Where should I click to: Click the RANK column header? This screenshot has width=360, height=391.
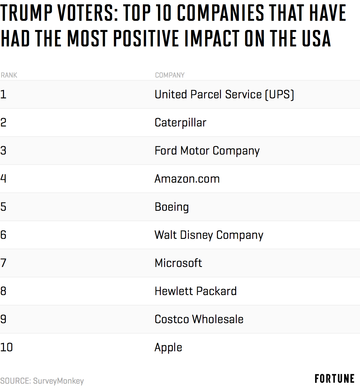point(9,75)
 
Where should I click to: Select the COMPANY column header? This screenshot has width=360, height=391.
point(170,75)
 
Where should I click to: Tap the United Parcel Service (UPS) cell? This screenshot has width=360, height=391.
point(224,94)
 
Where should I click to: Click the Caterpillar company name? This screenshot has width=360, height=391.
point(180,122)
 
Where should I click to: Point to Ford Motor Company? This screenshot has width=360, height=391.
point(207,151)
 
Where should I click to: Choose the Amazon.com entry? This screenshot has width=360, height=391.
point(187,179)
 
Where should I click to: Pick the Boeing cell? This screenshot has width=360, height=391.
point(172,207)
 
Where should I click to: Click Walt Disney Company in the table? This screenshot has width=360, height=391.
point(209,235)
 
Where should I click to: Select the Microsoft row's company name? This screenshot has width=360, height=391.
point(178,263)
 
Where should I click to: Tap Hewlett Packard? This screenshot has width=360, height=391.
point(196,291)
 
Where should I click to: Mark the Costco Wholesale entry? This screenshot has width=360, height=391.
point(199,319)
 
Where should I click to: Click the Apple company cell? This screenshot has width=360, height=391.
point(168,347)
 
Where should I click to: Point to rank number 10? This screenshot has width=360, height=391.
point(6,347)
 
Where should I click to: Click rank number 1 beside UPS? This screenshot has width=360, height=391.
point(3,94)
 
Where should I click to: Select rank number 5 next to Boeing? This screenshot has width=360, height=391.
point(3,207)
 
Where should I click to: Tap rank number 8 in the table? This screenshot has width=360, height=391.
point(3,291)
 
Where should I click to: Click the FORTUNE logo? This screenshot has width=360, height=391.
point(334,379)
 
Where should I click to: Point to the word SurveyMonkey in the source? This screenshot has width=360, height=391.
point(58,381)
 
